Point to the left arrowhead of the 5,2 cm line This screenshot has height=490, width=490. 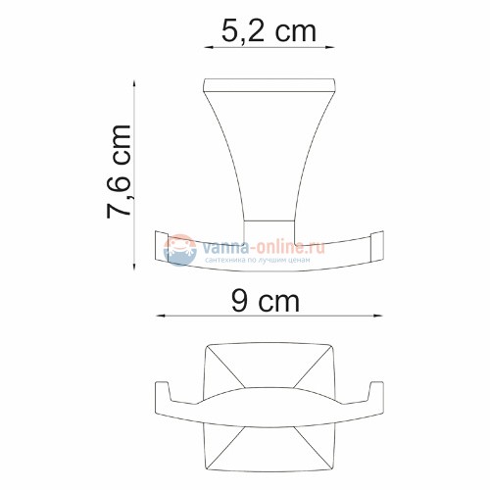coord(207,45)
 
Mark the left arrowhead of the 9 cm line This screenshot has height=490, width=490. coord(160,316)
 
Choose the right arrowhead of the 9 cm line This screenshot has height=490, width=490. coord(380,316)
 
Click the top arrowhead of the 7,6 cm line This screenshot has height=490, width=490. coord(133,82)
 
